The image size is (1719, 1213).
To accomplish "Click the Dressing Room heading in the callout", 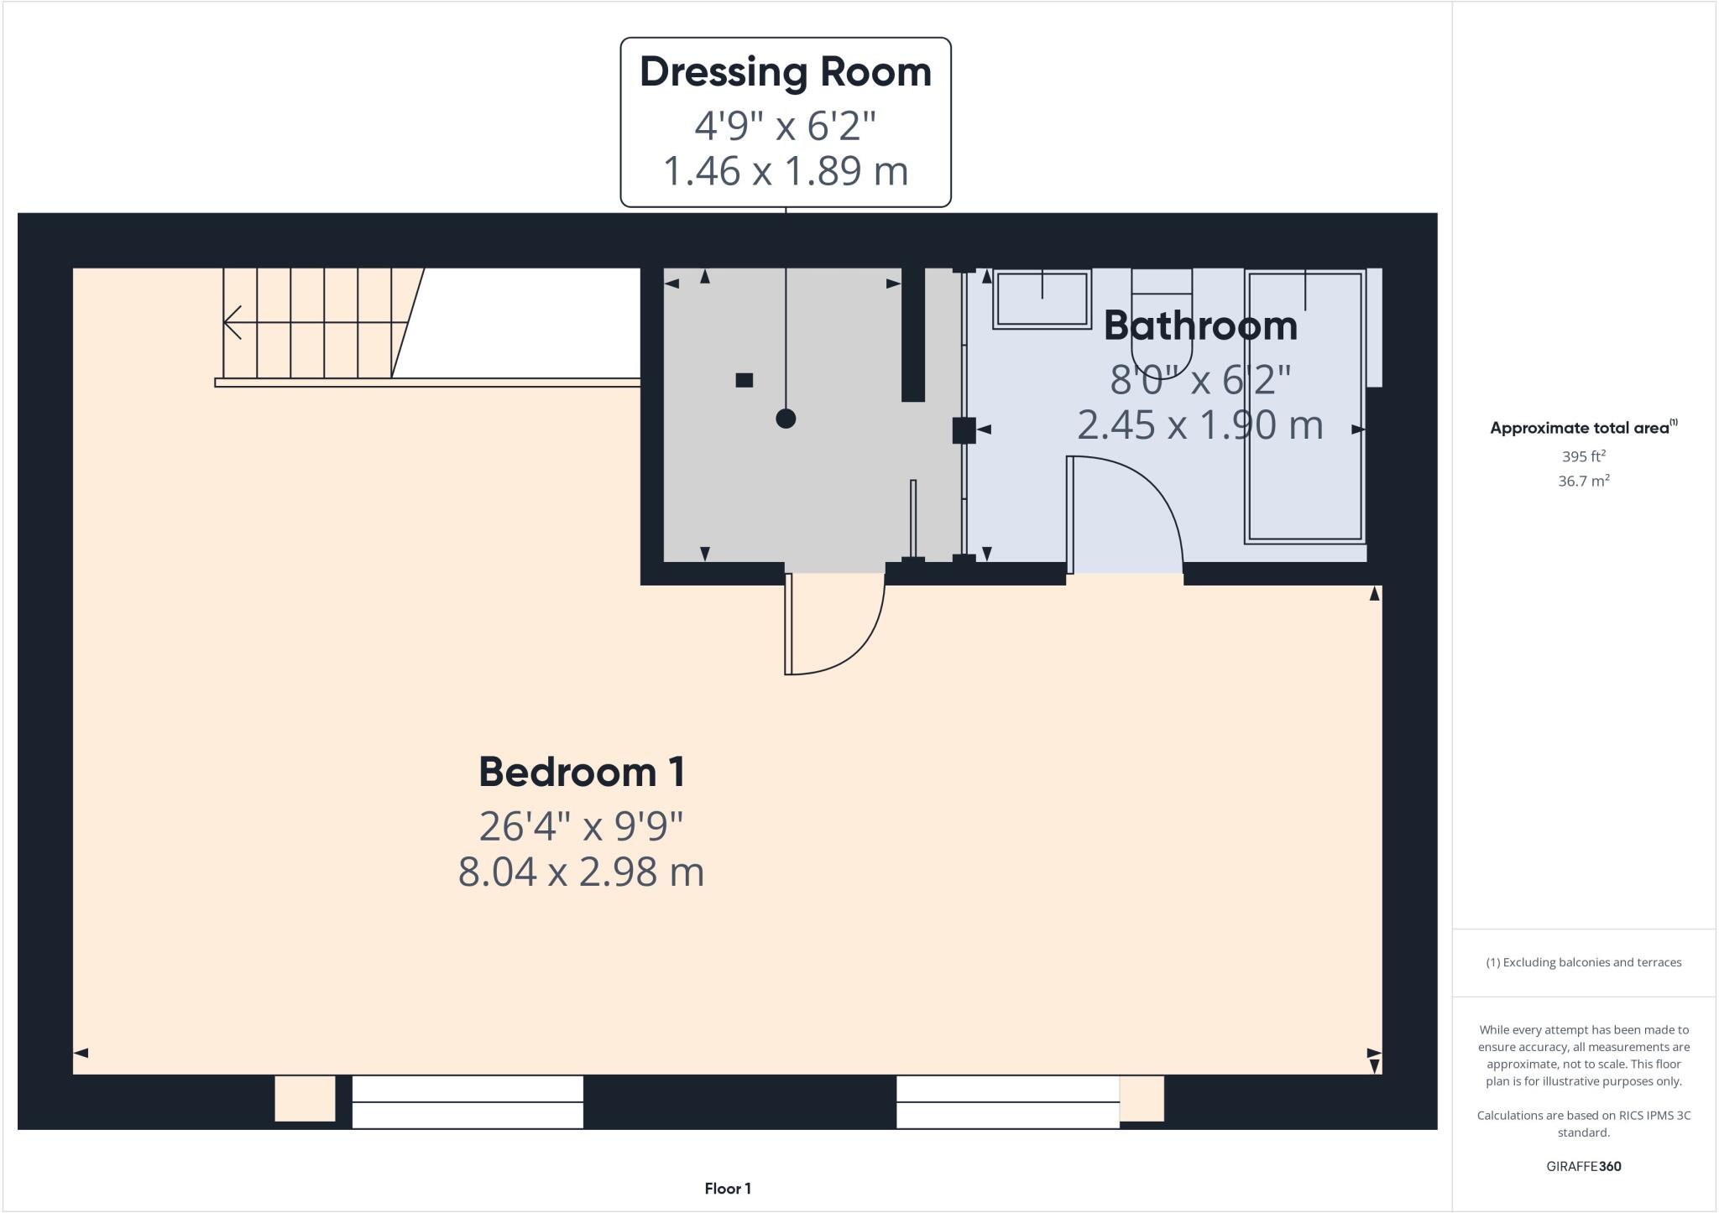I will [786, 72].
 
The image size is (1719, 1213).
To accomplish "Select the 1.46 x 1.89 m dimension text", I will [786, 171].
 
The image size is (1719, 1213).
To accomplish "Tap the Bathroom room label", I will [1199, 325].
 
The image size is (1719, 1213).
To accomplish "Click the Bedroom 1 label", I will [582, 772].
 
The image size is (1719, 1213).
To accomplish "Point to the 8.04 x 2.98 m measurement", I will [581, 872].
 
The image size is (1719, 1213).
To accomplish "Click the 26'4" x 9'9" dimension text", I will [581, 826].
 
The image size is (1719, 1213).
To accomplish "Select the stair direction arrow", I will [233, 322].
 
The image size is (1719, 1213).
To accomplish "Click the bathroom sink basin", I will [1042, 300].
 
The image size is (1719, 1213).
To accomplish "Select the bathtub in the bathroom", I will [1304, 407].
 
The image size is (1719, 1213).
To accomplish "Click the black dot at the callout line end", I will [786, 418].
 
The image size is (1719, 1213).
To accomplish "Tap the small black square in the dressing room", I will [744, 380].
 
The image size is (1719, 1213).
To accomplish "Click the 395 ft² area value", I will [1583, 456].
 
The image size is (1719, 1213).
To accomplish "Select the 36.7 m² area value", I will [1583, 481].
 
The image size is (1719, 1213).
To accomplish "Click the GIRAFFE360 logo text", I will [1583, 1166].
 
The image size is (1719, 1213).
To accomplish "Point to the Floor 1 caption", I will [728, 1188].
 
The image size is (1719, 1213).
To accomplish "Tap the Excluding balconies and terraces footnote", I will [1583, 962].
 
